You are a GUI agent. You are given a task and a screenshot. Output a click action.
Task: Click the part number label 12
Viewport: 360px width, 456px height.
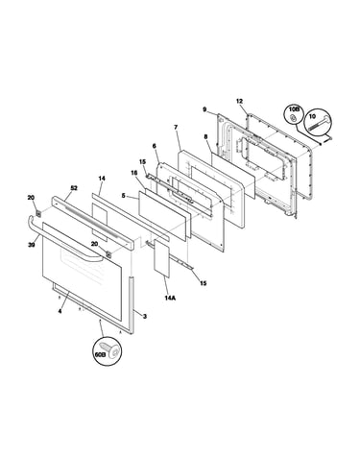[239, 102]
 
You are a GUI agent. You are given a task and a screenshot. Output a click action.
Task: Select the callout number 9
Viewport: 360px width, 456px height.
[204, 109]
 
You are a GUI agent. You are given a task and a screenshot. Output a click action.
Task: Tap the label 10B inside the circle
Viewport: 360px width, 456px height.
[294, 109]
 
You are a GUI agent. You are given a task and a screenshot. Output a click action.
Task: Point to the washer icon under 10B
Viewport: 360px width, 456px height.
[292, 119]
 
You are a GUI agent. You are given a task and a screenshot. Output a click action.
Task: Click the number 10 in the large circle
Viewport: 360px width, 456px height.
[312, 117]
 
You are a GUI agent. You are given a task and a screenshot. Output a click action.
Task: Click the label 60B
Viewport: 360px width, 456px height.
[100, 354]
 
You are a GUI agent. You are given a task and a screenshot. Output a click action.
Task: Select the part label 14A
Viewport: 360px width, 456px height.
[170, 298]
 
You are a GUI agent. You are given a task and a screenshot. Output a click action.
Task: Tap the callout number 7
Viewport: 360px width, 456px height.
[176, 128]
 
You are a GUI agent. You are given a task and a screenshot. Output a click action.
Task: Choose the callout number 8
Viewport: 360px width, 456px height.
[205, 136]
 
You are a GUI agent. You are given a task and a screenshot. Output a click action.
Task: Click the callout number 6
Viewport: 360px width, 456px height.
[154, 146]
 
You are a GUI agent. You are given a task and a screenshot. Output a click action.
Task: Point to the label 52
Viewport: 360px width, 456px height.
[74, 188]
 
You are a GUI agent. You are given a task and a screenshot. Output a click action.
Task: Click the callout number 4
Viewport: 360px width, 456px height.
[60, 311]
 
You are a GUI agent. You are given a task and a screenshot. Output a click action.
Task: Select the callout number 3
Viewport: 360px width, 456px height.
[145, 317]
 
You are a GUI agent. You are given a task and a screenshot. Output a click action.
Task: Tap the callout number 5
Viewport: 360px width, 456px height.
[124, 195]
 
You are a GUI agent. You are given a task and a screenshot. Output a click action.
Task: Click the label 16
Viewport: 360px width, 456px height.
[133, 173]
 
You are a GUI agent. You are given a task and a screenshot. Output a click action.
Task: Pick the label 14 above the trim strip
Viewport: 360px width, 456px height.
[102, 179]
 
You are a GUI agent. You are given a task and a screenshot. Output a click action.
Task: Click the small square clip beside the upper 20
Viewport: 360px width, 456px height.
[39, 212]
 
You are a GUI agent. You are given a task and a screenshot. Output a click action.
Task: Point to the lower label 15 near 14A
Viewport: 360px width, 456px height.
[204, 283]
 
